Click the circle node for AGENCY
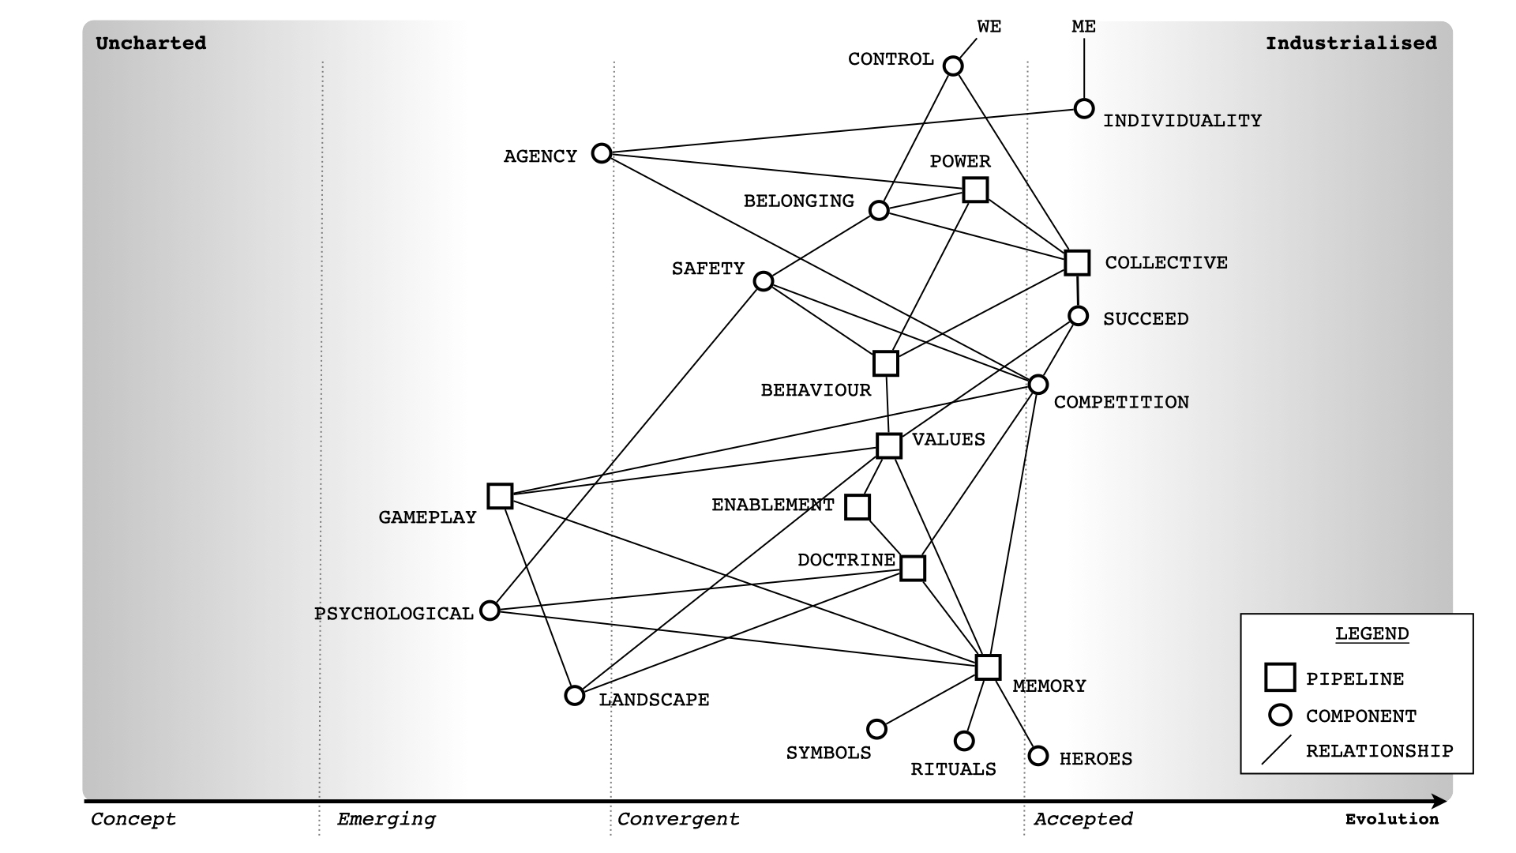pos(602,153)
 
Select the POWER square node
pos(976,190)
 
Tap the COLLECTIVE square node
pos(1077,262)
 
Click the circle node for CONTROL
pos(953,66)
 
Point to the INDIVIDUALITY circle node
pos(1084,108)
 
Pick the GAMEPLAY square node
pos(500,496)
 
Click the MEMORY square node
pos(988,667)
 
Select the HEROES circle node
pos(1038,756)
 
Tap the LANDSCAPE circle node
pos(575,696)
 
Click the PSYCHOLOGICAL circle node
pos(490,611)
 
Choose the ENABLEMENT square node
pos(857,507)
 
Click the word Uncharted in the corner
pos(151,43)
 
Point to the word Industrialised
pos(1351,43)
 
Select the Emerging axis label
pos(386,819)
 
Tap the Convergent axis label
pos(678,819)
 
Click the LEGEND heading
pos(1372,634)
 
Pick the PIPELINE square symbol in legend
pos(1280,678)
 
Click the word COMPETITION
pos(1121,403)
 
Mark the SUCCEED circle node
pos(1079,316)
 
